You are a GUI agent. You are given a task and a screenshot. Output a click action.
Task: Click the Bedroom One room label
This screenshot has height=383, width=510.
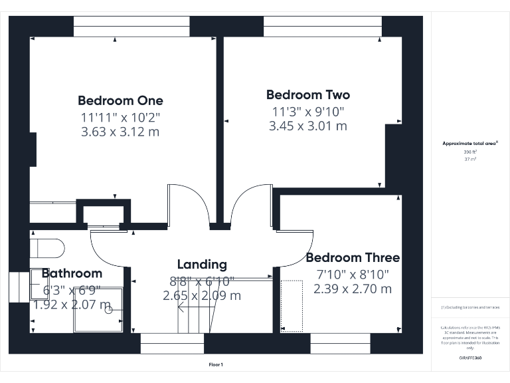point(120,101)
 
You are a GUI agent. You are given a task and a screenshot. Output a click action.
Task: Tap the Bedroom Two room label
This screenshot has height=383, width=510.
point(307,95)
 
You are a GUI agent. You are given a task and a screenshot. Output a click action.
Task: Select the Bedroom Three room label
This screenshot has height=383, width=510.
point(353,258)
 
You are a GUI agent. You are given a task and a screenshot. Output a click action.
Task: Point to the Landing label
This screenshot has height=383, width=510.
point(202,265)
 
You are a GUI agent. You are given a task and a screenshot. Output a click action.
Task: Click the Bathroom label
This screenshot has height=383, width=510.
point(72,273)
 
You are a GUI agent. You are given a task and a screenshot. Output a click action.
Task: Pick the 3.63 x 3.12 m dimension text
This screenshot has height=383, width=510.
point(120,132)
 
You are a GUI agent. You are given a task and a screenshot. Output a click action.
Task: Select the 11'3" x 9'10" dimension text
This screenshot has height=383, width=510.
point(307,111)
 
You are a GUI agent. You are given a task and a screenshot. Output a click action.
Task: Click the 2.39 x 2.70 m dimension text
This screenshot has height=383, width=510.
point(353,289)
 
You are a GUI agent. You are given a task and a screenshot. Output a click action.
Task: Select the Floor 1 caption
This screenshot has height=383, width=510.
point(216,364)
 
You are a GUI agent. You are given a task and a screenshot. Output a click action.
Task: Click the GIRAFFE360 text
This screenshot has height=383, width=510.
point(470,358)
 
